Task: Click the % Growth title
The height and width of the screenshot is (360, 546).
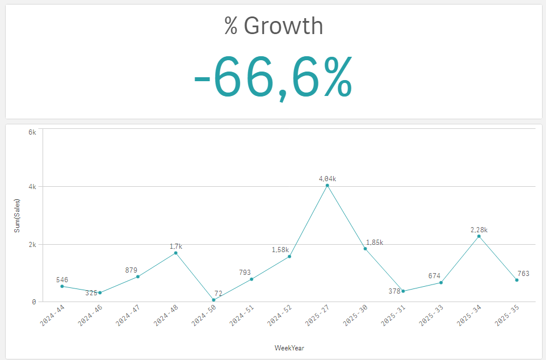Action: [274, 26]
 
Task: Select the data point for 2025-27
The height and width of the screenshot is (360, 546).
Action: [327, 185]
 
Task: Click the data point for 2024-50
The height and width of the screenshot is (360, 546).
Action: [213, 300]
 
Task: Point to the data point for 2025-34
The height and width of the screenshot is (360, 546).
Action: [479, 236]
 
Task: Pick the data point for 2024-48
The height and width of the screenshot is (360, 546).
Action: [176, 253]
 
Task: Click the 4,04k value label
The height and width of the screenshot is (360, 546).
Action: [327, 178]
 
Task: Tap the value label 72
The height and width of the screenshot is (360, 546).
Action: [219, 293]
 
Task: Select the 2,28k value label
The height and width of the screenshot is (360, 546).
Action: [479, 229]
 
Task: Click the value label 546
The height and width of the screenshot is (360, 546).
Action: [62, 279]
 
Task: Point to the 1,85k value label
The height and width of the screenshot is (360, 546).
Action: [375, 242]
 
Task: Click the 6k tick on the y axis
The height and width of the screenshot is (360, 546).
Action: [32, 132]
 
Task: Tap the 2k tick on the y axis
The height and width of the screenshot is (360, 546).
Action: [32, 244]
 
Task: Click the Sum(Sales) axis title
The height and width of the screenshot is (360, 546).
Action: [18, 215]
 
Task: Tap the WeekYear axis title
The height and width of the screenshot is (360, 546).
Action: [289, 348]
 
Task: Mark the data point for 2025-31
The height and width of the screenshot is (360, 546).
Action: [403, 291]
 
